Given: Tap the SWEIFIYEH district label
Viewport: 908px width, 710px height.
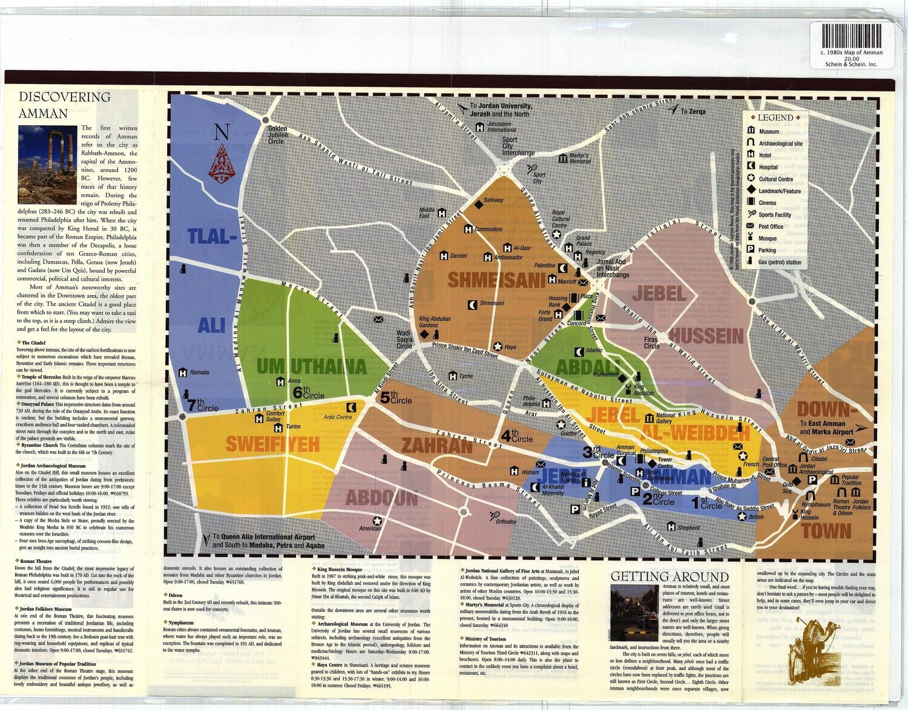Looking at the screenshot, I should coord(272,445).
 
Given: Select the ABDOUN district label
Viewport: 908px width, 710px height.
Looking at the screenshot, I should coord(381,498).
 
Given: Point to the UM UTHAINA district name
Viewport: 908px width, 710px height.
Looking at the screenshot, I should coord(312,366).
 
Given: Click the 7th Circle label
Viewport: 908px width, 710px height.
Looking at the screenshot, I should coord(203,405).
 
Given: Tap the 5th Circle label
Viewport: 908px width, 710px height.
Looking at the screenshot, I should coord(396,398).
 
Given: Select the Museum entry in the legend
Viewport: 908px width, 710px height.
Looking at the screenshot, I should coord(768,131).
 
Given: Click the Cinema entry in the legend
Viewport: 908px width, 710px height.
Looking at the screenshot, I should coord(767,203).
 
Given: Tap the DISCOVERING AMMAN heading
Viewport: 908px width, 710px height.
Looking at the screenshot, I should coord(65,105).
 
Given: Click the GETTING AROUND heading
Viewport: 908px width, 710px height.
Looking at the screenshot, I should coord(669,576).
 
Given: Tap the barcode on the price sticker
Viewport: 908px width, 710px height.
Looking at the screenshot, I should coord(853,34).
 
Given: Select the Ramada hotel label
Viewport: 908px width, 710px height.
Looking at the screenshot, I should coord(199,373).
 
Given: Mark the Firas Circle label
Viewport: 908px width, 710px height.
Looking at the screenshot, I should coord(651,343).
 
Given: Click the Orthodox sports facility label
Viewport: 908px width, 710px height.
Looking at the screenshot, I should coord(505,521).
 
